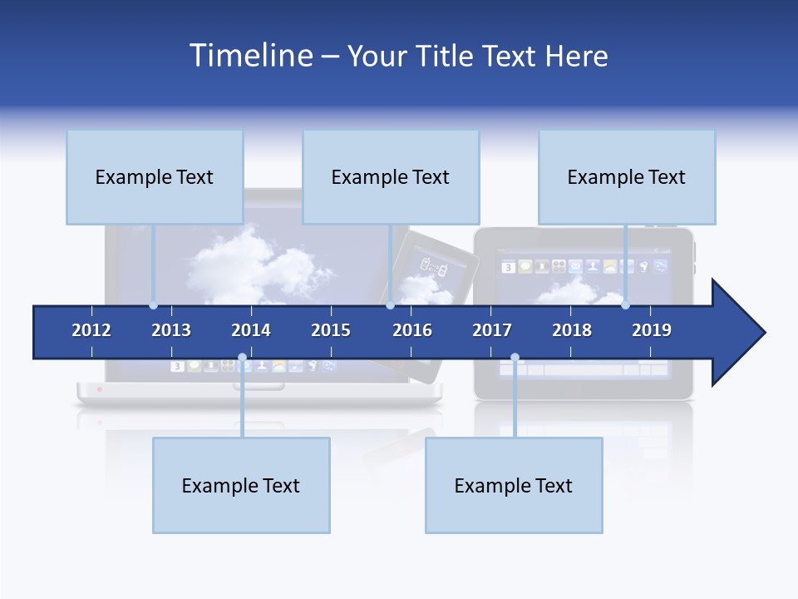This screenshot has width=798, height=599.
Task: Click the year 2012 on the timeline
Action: pyautogui.click(x=91, y=330)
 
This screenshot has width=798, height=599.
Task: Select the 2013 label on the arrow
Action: pyautogui.click(x=171, y=330)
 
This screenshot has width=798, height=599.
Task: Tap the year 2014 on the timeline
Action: pyautogui.click(x=251, y=330)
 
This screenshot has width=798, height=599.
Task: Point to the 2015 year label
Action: pyautogui.click(x=331, y=330)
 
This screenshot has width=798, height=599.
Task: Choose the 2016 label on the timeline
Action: pyautogui.click(x=412, y=330)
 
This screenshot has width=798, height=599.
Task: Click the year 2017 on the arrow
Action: pyautogui.click(x=492, y=330)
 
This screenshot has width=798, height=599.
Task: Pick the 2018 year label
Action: pyautogui.click(x=572, y=330)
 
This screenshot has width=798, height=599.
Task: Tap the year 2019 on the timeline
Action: pyautogui.click(x=652, y=330)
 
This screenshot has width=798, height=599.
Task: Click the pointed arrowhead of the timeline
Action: pyautogui.click(x=740, y=333)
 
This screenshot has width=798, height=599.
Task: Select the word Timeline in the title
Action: pyautogui.click(x=250, y=56)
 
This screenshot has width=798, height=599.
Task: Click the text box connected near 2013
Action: pyautogui.click(x=155, y=177)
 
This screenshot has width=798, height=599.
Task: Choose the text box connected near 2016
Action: pyautogui.click(x=391, y=177)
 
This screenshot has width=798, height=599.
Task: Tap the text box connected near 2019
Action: pyautogui.click(x=627, y=177)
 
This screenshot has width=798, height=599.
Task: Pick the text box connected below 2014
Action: pyautogui.click(x=241, y=486)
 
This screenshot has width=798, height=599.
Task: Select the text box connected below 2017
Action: pyautogui.click(x=514, y=486)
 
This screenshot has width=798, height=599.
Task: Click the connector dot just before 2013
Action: pyautogui.click(x=154, y=305)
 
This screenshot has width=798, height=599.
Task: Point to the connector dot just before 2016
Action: pyautogui.click(x=391, y=305)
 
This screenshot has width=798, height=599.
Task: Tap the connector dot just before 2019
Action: pyautogui.click(x=626, y=305)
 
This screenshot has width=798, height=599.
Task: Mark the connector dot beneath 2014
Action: pyautogui.click(x=242, y=358)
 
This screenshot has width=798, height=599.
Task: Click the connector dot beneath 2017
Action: pyautogui.click(x=515, y=358)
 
